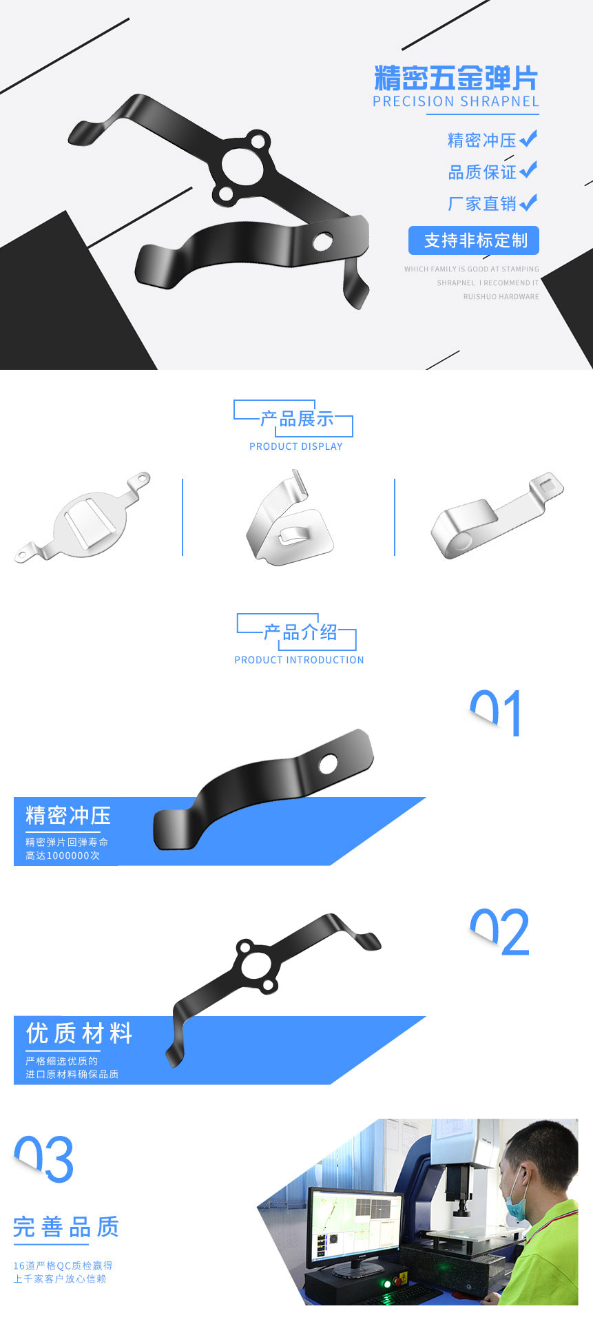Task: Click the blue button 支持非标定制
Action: (x=474, y=240)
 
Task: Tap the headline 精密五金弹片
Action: (x=455, y=79)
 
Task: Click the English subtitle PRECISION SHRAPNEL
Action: (x=455, y=102)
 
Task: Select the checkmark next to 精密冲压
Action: (x=528, y=139)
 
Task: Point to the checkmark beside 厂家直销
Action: (x=528, y=203)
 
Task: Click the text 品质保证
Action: (x=482, y=172)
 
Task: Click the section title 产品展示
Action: (x=297, y=419)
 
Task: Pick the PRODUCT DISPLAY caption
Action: (x=296, y=446)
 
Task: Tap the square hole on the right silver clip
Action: (x=548, y=484)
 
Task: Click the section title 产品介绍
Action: (x=300, y=632)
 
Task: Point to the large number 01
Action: (x=496, y=713)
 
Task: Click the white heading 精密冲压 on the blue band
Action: (x=68, y=816)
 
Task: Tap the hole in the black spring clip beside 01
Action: (x=328, y=763)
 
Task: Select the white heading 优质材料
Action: (x=79, y=1033)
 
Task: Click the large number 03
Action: (x=44, y=1159)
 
